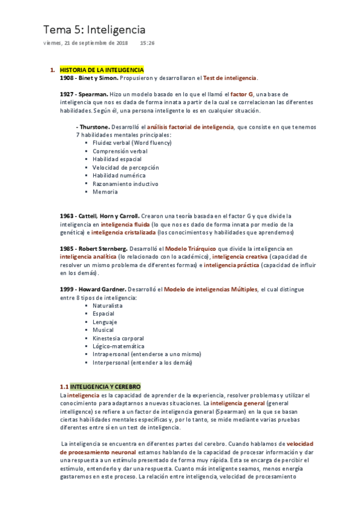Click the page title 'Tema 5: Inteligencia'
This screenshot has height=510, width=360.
coord(94,29)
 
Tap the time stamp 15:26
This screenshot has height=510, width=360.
coord(147,43)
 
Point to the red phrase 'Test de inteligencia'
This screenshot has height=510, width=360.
coord(230,78)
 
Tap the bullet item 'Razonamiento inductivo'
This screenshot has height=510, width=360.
coord(125,184)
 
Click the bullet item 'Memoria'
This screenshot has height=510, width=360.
coord(105,192)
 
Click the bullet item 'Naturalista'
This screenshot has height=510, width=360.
coord(108,306)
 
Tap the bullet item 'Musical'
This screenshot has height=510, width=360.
coord(103,330)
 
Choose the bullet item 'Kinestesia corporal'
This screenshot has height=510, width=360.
coord(118,339)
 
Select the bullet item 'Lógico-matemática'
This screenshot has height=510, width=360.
coord(118,346)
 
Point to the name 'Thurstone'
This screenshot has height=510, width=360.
coord(94,127)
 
